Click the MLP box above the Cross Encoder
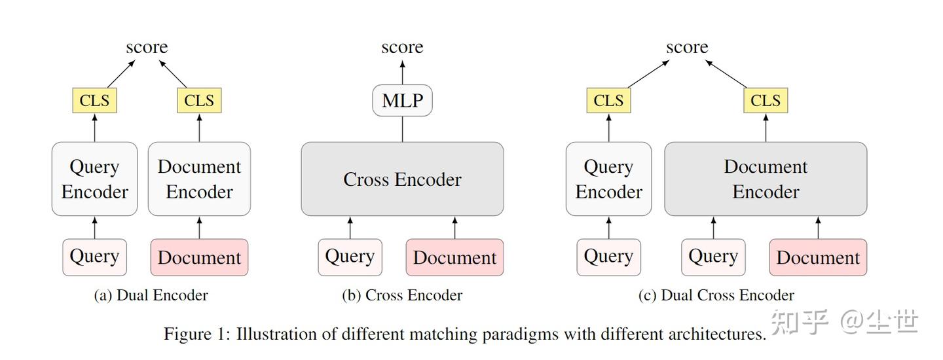402,101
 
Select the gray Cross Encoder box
402,179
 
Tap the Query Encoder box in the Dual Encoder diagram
94,179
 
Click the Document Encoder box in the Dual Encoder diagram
199,179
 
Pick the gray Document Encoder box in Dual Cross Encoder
766,179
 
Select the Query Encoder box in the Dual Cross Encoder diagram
608,179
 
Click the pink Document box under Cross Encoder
454,257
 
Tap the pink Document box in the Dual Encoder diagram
199,257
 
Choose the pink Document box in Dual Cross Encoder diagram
818,257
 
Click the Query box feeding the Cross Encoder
350,257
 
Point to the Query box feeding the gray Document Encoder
713,257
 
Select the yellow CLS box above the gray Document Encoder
766,101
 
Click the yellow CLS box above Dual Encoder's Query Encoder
94,101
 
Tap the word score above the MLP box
402,47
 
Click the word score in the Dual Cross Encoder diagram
687,47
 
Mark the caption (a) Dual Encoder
151,295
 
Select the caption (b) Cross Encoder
402,295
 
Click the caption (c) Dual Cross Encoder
716,295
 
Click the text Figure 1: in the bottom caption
196,334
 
